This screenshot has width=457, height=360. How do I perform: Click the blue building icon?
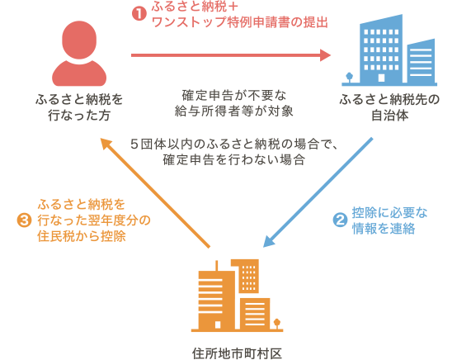tap(387, 50)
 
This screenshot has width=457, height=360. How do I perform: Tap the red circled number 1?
tap(139, 12)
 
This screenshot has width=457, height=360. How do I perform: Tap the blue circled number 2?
tap(338, 220)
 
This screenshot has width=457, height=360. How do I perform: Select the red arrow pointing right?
tap(231, 56)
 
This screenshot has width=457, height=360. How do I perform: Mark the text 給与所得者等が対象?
tap(234, 110)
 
